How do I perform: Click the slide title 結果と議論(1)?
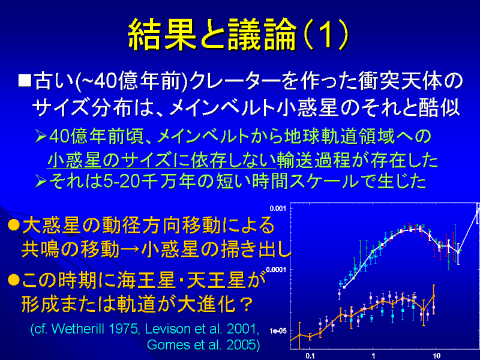click(238, 34)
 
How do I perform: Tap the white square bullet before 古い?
click(25, 80)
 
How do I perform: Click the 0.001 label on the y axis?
click(277, 208)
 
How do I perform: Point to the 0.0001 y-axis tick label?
click(275, 269)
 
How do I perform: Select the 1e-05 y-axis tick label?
click(278, 331)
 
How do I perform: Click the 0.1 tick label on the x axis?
click(310, 355)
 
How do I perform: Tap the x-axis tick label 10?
click(436, 355)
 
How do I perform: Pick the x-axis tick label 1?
click(373, 355)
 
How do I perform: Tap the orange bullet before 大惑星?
click(14, 225)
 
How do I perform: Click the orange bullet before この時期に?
click(14, 280)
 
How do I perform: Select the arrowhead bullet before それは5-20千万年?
click(41, 182)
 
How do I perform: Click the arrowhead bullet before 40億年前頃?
click(41, 136)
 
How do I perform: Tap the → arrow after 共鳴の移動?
click(130, 250)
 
